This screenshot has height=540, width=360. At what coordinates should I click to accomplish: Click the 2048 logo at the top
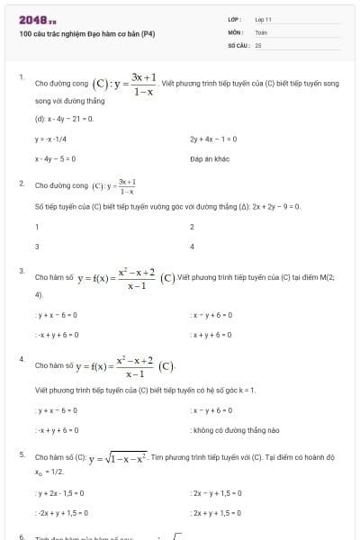(37, 19)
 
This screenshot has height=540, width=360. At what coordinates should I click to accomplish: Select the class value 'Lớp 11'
(263, 19)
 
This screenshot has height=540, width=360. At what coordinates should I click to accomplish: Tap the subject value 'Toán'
(261, 31)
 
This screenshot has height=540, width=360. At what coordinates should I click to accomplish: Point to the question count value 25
(258, 44)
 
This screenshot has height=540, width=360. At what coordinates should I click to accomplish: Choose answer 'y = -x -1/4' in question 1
(51, 139)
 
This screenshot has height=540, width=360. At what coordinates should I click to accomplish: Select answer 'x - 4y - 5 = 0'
(56, 158)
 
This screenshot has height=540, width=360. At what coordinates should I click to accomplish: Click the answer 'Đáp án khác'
(211, 158)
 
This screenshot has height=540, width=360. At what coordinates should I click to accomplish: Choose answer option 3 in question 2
(37, 246)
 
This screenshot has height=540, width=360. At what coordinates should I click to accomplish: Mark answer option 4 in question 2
(193, 246)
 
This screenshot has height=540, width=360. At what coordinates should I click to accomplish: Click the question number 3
(22, 270)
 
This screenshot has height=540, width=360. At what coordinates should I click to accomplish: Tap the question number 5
(22, 454)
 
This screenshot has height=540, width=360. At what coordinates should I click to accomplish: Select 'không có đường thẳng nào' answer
(223, 429)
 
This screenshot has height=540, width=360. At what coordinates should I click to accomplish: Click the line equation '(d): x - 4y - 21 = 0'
(65, 118)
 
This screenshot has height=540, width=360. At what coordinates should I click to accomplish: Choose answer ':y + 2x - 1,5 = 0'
(60, 493)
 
